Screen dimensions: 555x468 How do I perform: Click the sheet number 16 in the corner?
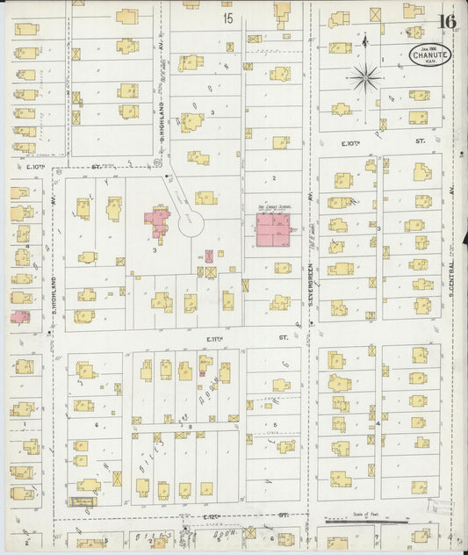coord(448,20)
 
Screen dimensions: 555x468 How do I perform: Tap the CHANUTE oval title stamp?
coord(430,54)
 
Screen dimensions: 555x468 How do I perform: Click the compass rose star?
coord(365,78)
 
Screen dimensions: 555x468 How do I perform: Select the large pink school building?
coord(274,230)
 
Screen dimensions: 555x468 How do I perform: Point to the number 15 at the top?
coord(228,18)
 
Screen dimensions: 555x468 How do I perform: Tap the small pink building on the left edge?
coord(19,316)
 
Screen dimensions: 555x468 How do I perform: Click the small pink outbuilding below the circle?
coord(209,256)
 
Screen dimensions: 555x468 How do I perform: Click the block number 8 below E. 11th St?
coord(190,426)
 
